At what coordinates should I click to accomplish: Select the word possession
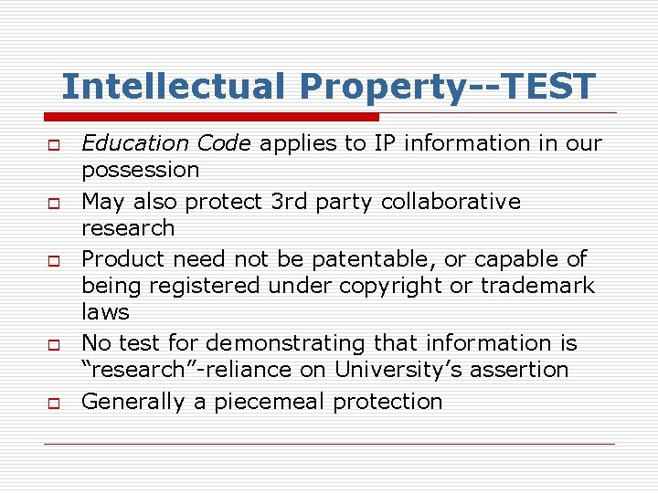pyautogui.click(x=141, y=170)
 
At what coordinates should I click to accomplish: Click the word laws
pyautogui.click(x=105, y=311)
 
